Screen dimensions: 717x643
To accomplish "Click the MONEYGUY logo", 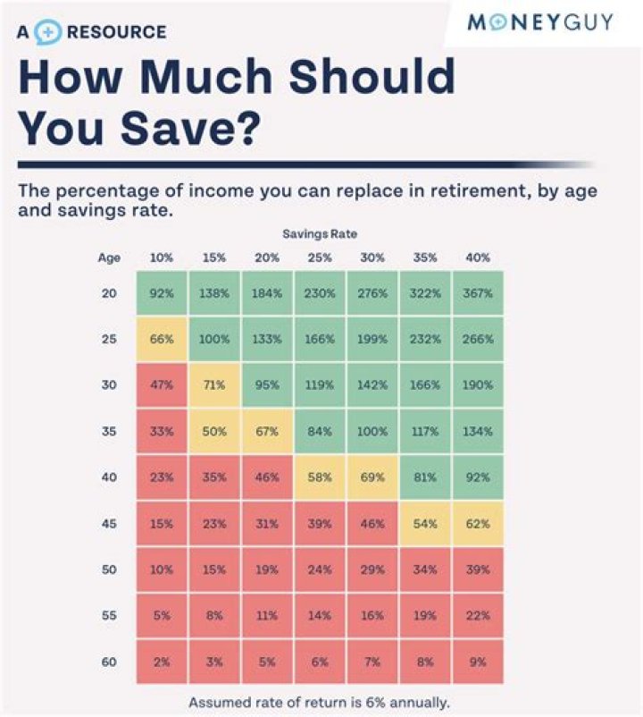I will tap(540, 22).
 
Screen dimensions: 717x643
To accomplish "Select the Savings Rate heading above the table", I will tap(320, 234).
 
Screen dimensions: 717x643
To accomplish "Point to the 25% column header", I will tap(320, 258).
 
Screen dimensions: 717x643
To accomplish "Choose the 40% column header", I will tap(478, 258).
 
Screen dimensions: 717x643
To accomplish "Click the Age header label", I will tap(109, 258).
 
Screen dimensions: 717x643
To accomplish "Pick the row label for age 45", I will tap(109, 524).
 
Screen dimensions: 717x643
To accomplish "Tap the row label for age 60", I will tap(109, 662).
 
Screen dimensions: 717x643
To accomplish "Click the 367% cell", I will tap(478, 293).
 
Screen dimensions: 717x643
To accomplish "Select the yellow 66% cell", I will tap(162, 340).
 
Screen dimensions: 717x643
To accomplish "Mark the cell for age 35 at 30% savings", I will tap(372, 432).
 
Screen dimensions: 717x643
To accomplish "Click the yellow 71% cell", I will tap(214, 385).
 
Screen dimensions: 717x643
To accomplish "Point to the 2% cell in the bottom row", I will tap(162, 662).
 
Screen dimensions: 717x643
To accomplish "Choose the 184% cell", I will tap(267, 293).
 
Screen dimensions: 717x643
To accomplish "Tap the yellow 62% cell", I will tap(478, 524).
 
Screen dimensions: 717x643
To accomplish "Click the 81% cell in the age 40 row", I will tap(425, 477).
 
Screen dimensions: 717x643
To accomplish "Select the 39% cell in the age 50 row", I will tap(478, 570).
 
